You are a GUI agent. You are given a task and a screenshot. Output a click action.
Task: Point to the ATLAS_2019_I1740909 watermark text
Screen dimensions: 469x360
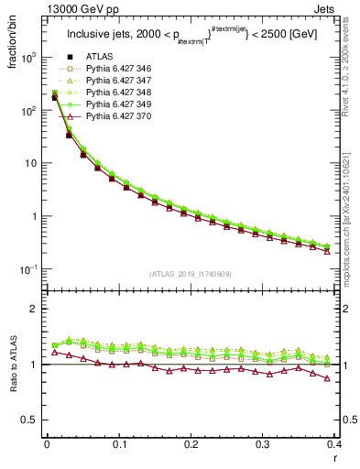point(191,274)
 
